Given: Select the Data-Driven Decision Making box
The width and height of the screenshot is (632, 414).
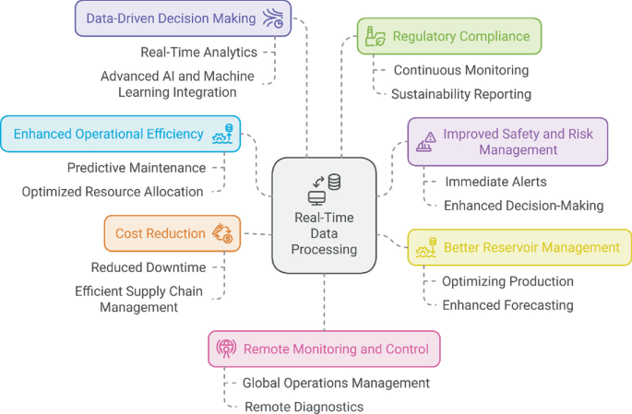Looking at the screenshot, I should click(x=183, y=18).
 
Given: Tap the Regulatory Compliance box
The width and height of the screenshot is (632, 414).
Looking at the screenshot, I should click(x=449, y=37).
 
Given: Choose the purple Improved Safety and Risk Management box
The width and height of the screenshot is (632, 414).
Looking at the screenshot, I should click(x=507, y=141).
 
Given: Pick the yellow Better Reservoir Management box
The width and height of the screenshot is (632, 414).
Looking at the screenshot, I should click(x=519, y=247).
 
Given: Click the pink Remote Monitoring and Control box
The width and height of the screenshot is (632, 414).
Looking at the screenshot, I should click(x=324, y=349).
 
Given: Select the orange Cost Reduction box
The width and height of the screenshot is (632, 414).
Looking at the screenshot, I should click(x=173, y=233).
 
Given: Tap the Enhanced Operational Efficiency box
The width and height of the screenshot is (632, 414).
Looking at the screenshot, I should click(x=121, y=134).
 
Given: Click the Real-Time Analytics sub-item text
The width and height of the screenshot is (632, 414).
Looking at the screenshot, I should click(x=198, y=53).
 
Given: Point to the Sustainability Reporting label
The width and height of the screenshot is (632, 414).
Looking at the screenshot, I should click(x=460, y=94).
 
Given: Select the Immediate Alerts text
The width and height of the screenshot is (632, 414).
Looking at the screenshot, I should click(x=495, y=182).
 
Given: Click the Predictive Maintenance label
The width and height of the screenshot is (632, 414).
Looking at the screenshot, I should click(x=136, y=168).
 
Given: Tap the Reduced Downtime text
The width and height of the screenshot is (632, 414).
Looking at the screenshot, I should click(x=148, y=267).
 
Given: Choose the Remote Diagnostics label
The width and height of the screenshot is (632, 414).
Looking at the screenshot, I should click(x=304, y=407).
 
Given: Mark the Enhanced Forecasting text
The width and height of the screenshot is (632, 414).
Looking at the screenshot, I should click(x=507, y=305).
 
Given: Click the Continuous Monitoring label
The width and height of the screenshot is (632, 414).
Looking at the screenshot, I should click(x=460, y=70).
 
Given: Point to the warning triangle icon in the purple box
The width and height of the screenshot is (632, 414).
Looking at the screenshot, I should click(x=426, y=142).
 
